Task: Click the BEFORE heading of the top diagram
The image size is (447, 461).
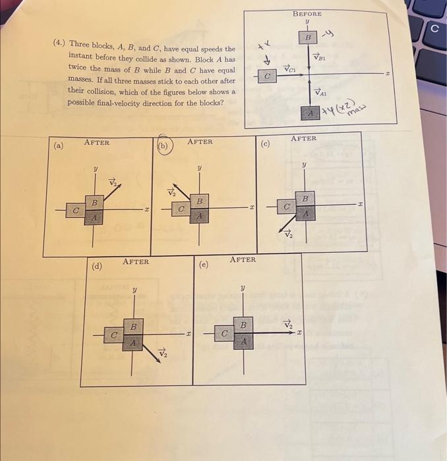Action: click(307, 13)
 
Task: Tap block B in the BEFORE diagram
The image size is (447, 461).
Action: click(307, 39)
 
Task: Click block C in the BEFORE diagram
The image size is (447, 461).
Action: click(266, 77)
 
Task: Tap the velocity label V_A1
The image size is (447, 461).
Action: click(320, 92)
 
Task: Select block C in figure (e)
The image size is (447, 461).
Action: click(224, 335)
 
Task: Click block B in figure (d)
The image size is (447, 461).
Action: click(134, 327)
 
